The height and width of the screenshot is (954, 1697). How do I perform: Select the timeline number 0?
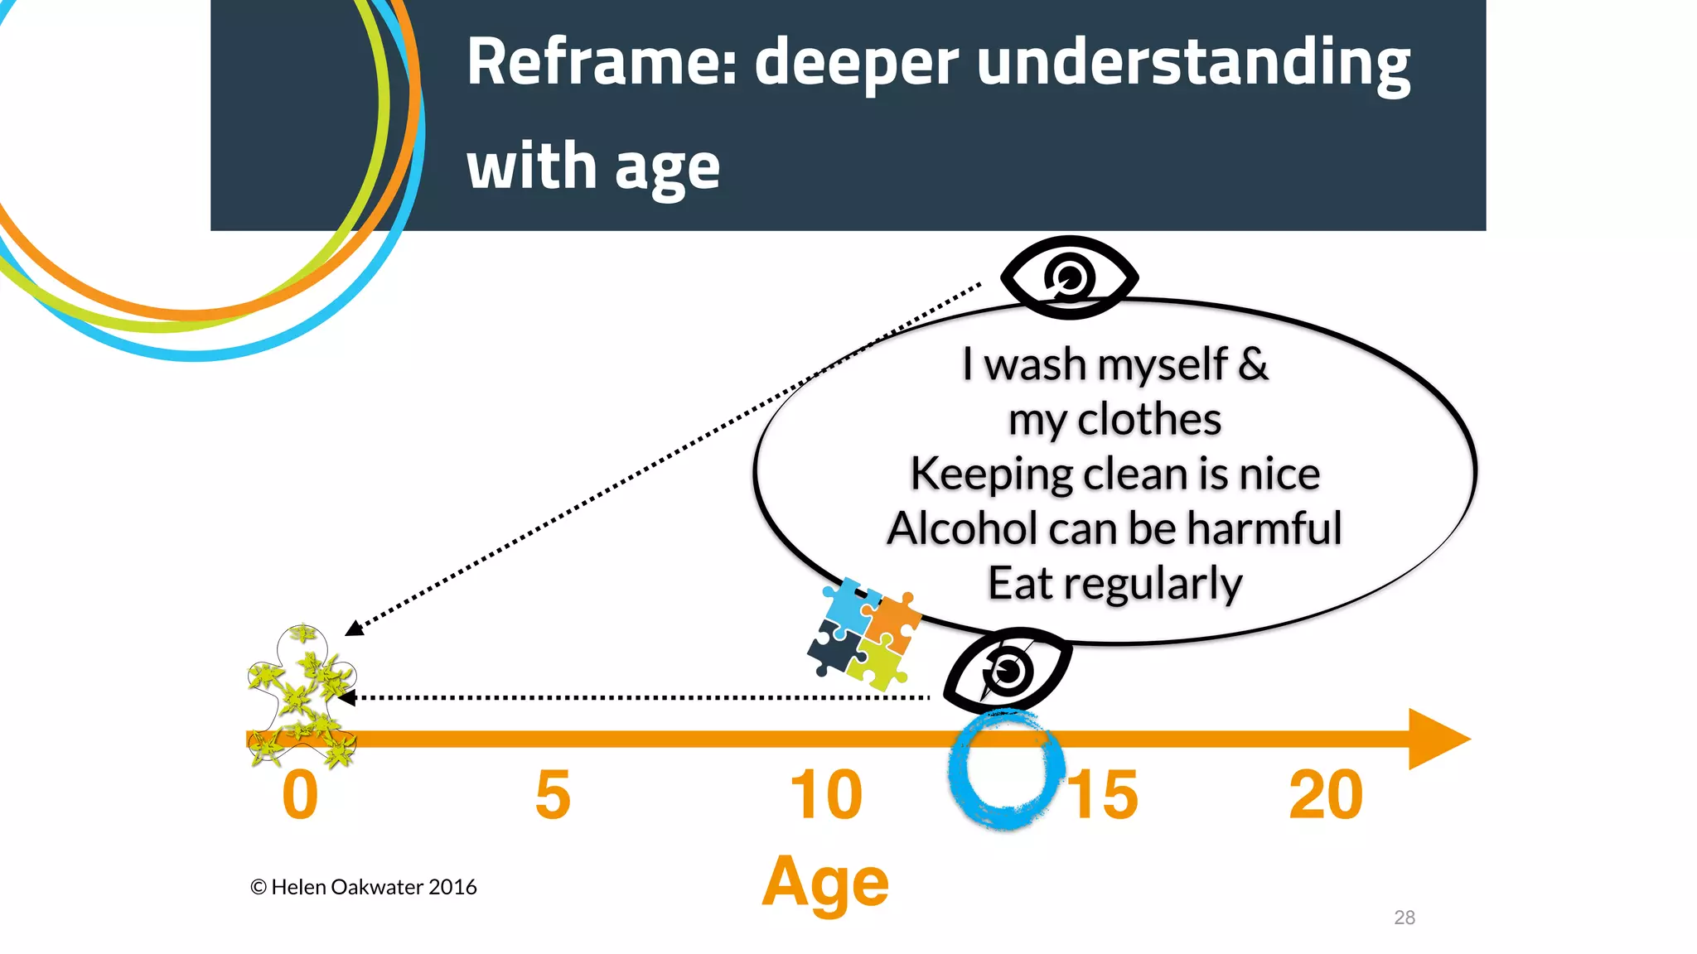(300, 796)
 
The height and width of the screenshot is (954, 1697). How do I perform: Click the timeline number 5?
(553, 796)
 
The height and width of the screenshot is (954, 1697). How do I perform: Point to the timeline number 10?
(826, 796)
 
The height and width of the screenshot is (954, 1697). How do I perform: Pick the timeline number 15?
(1104, 796)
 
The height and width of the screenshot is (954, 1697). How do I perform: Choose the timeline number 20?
(1326, 796)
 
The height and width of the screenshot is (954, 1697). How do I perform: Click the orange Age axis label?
(825, 883)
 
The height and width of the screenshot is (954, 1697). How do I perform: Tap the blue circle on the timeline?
(1005, 770)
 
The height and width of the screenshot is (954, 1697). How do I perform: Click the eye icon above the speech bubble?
(1069, 277)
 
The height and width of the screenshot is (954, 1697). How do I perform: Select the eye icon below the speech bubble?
(1007, 671)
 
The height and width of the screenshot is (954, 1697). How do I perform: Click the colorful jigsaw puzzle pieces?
(863, 634)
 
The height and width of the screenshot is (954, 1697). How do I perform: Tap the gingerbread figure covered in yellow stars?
(302, 696)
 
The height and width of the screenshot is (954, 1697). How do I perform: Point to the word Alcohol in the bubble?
(962, 528)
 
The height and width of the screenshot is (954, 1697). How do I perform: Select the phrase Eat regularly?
(1114, 584)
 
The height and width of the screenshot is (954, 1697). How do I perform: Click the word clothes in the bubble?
(1148, 419)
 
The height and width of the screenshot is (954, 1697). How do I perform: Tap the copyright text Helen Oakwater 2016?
(365, 887)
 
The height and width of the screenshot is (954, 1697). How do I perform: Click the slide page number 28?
(1404, 918)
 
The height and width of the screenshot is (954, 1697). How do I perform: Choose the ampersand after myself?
(1253, 364)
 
